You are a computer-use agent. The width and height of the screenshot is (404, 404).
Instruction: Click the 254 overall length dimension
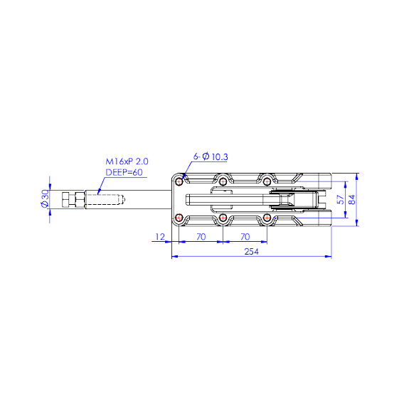pyautogui.click(x=251, y=251)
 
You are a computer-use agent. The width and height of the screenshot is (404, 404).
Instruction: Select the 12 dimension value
pyautogui.click(x=160, y=237)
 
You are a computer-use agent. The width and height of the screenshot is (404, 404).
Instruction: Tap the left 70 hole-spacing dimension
pyautogui.click(x=201, y=237)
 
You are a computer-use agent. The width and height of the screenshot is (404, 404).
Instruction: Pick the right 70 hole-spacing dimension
pyautogui.click(x=245, y=237)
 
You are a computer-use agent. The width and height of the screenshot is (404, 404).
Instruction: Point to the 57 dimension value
pyautogui.click(x=341, y=199)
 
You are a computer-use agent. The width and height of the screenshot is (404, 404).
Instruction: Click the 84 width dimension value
pyautogui.click(x=352, y=199)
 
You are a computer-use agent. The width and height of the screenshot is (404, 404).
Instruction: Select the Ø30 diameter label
pyautogui.click(x=45, y=198)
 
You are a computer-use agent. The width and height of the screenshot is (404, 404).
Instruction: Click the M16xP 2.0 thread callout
pyautogui.click(x=127, y=161)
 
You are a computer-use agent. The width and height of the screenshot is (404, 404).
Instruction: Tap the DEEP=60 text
pyautogui.click(x=124, y=172)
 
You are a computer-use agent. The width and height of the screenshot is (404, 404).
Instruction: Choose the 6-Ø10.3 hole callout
pyautogui.click(x=211, y=156)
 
